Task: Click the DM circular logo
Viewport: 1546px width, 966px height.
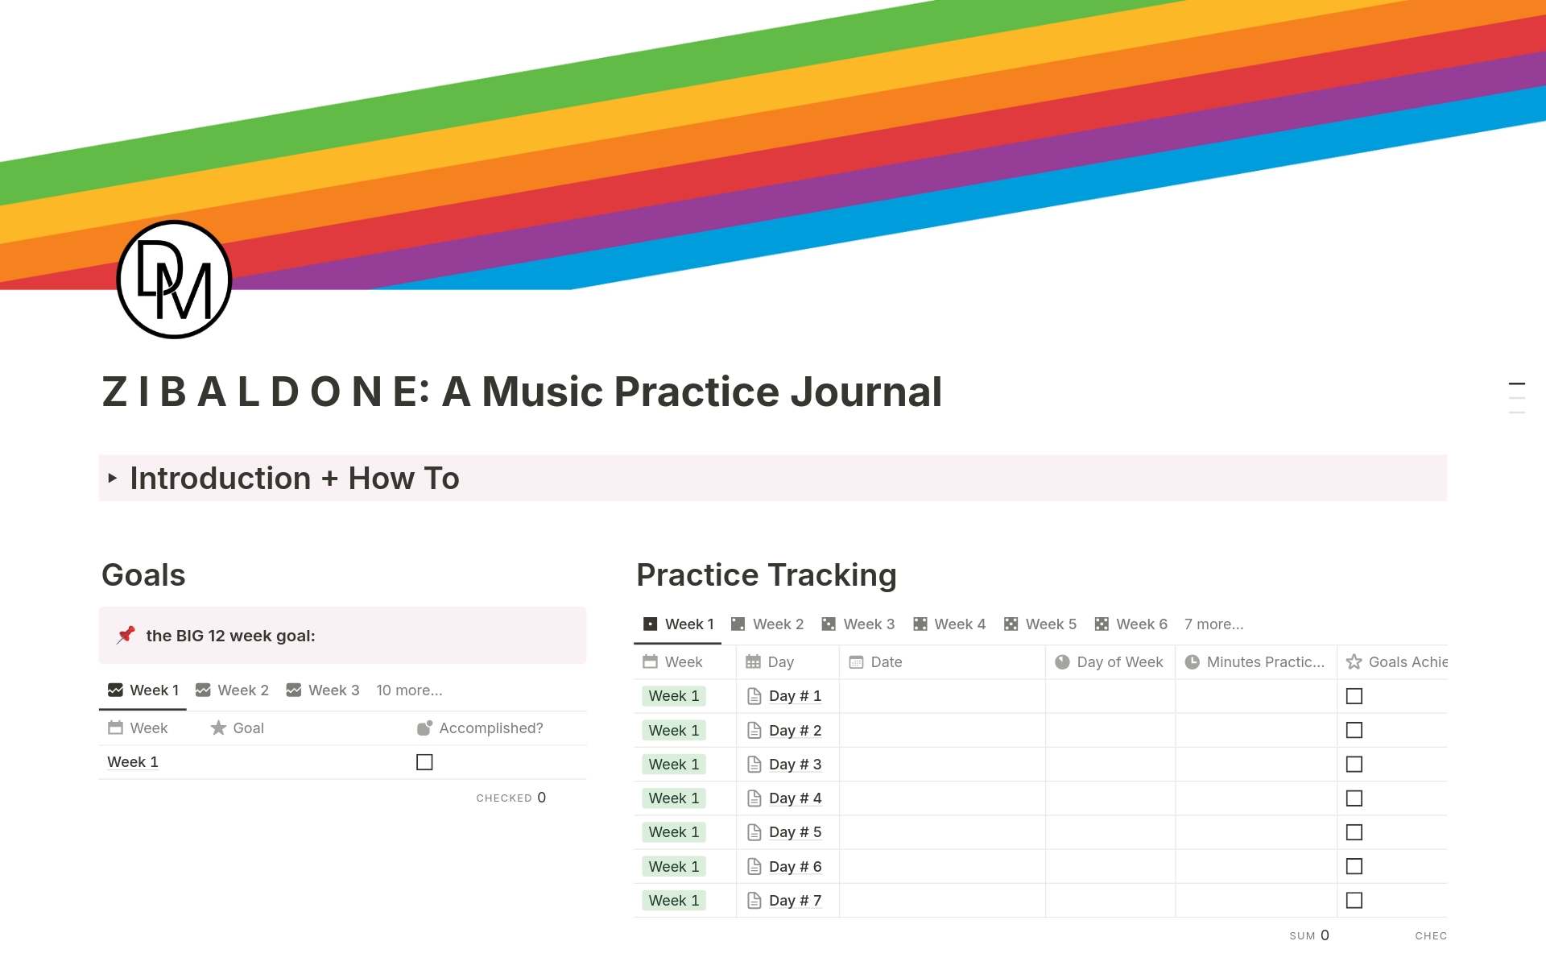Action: coord(174,280)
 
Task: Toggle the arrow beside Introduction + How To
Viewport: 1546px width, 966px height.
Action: coord(113,479)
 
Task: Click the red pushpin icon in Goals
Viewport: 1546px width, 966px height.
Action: coord(126,635)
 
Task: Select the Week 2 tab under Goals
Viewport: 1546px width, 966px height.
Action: coord(233,690)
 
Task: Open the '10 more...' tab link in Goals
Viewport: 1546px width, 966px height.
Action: coord(409,690)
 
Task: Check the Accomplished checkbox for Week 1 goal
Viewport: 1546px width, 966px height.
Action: coord(424,762)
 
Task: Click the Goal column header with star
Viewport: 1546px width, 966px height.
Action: coord(238,728)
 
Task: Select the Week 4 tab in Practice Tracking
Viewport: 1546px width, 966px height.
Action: coord(950,624)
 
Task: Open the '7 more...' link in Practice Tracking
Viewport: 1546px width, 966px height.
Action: coord(1213,624)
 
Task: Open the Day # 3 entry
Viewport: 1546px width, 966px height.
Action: coord(795,765)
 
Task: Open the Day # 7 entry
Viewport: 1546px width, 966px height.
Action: coord(795,901)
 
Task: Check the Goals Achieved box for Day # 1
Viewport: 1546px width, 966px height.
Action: coord(1354,696)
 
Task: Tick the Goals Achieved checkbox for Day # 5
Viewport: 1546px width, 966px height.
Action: coord(1354,832)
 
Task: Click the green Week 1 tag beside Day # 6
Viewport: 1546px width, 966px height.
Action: coord(674,867)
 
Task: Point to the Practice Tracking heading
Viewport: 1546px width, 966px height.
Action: coord(766,575)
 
